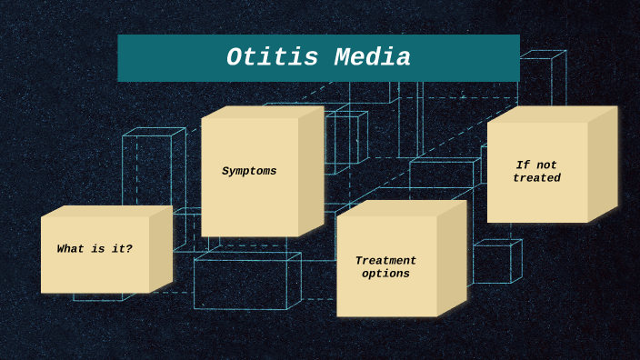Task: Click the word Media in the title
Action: pos(373,58)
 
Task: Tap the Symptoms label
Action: pos(249,171)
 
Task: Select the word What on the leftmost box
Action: pos(70,249)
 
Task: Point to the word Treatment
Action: pos(385,261)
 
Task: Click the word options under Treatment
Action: pos(385,274)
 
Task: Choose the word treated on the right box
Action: pos(536,178)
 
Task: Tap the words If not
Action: pos(536,165)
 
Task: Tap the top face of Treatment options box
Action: pos(401,208)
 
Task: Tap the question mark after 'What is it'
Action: pos(129,249)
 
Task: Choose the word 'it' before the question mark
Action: pos(116,249)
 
